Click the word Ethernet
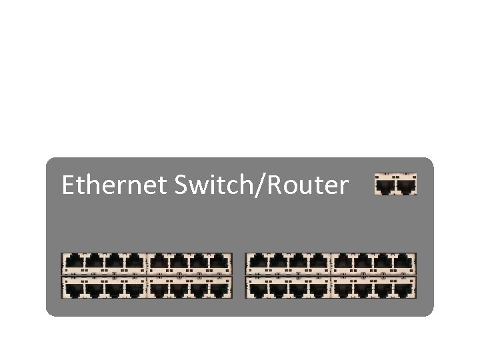[x=112, y=185]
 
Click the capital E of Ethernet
[x=67, y=185]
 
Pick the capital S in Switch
[x=181, y=185]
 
